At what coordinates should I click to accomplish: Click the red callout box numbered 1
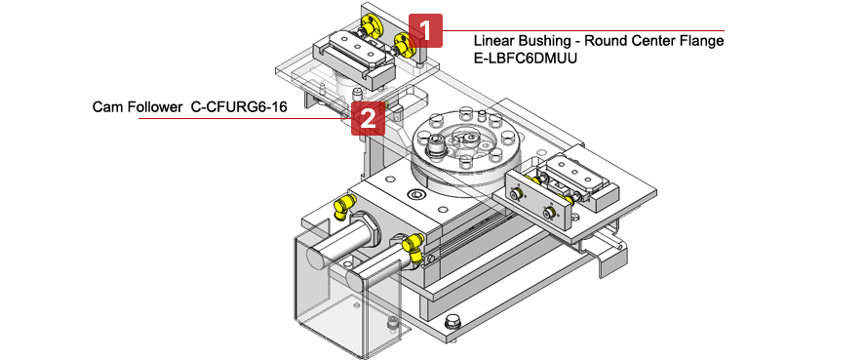point(425,30)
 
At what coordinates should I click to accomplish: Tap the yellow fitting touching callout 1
point(403,41)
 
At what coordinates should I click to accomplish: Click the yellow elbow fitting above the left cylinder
point(342,205)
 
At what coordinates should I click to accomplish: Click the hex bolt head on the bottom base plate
point(453,322)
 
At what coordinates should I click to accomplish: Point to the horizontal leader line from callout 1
point(585,31)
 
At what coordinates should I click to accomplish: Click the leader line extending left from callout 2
point(244,118)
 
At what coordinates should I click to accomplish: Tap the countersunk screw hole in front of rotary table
point(418,198)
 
